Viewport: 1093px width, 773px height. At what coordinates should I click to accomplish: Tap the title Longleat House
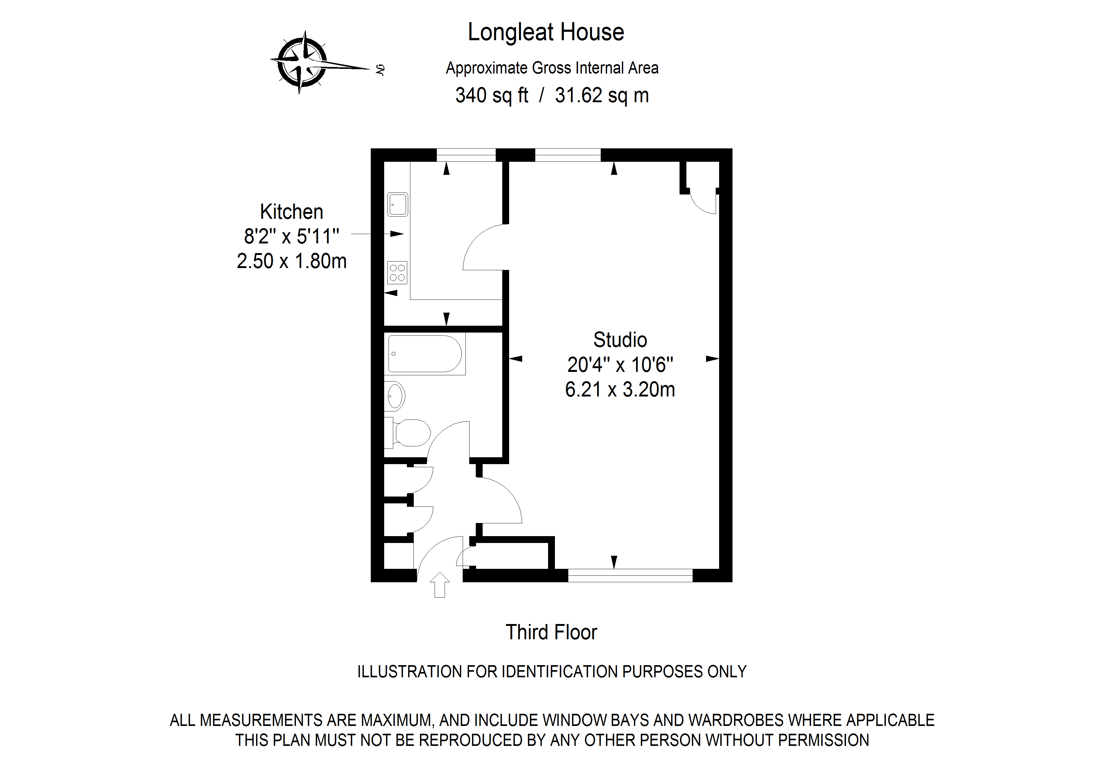[x=546, y=32]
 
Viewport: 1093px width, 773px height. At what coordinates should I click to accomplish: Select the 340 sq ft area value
[x=491, y=95]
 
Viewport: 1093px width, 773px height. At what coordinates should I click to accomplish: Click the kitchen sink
[x=398, y=204]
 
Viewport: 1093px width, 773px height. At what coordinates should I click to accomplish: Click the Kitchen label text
[x=291, y=211]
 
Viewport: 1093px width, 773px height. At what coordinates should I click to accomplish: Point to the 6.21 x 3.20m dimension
[x=620, y=390]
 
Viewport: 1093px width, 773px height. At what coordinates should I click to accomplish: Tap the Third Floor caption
[x=551, y=632]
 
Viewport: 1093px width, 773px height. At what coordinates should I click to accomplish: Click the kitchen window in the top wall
[x=466, y=155]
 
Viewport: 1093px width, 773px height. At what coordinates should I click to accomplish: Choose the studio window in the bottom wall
[x=630, y=575]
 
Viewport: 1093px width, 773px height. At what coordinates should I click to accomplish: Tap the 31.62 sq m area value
[x=602, y=95]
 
